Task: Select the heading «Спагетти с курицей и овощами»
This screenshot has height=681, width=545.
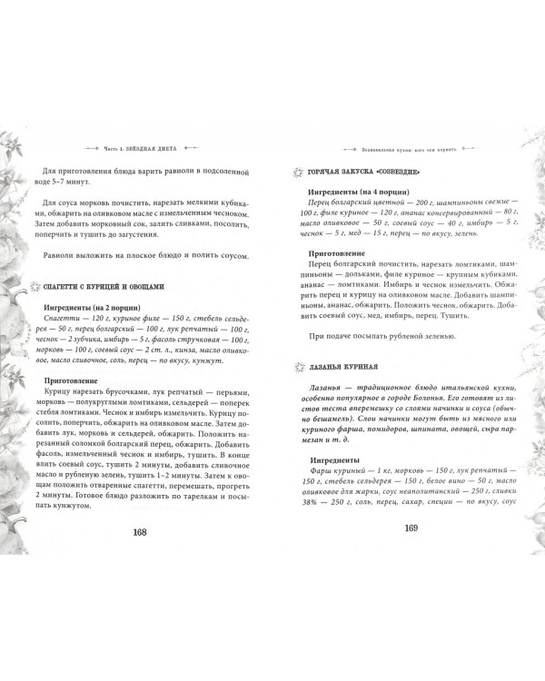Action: coord(104,286)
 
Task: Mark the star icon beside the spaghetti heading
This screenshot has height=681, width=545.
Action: coord(35,286)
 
